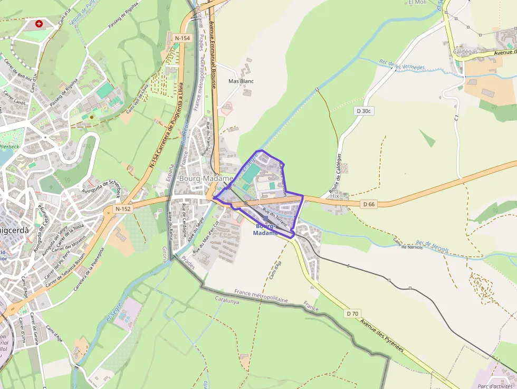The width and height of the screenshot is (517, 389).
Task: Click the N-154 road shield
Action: (x=182, y=38)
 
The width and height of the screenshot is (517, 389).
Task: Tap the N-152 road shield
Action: (x=122, y=209)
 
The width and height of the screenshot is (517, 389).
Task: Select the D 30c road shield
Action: (x=364, y=111)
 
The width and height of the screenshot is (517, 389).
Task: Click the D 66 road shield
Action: (x=369, y=204)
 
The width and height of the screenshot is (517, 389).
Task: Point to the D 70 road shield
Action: (x=352, y=314)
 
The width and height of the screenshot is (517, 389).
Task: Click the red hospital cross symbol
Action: (x=39, y=24)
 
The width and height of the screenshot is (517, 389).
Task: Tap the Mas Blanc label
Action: (x=241, y=81)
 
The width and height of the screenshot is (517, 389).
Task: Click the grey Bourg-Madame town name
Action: (x=206, y=178)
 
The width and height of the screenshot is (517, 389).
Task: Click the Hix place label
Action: (x=334, y=196)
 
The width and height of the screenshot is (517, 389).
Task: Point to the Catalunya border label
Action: (x=227, y=301)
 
